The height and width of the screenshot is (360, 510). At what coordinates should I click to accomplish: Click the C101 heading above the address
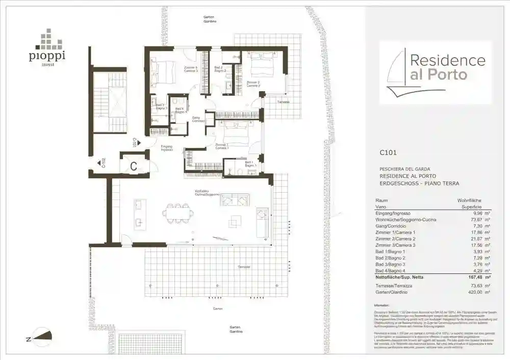[x=388, y=152]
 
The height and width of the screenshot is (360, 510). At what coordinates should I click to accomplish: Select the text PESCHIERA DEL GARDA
[x=404, y=169]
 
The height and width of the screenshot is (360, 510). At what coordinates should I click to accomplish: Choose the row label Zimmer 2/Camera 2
[x=395, y=239]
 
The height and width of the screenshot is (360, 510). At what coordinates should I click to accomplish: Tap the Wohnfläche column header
[x=469, y=200]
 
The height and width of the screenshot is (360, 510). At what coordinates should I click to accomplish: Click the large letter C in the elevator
[x=133, y=166]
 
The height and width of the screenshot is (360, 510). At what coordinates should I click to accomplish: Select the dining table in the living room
[x=178, y=213]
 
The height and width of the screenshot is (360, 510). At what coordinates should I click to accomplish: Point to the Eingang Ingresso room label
[x=167, y=148]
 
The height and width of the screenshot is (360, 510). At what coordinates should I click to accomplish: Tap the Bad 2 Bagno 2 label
[x=220, y=69]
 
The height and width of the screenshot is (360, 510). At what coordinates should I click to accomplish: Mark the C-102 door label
[x=104, y=163]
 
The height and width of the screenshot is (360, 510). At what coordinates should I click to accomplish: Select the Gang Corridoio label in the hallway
[x=198, y=119]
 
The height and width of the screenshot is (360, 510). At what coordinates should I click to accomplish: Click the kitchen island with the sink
[x=140, y=213]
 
